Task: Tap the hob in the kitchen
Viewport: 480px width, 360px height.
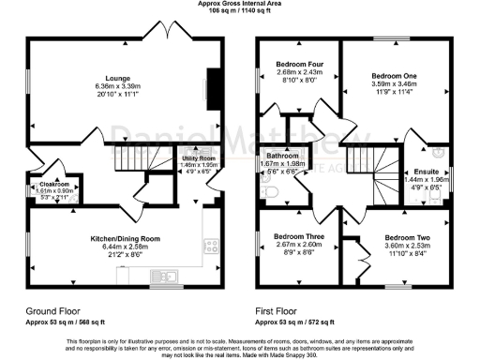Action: [214, 248]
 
